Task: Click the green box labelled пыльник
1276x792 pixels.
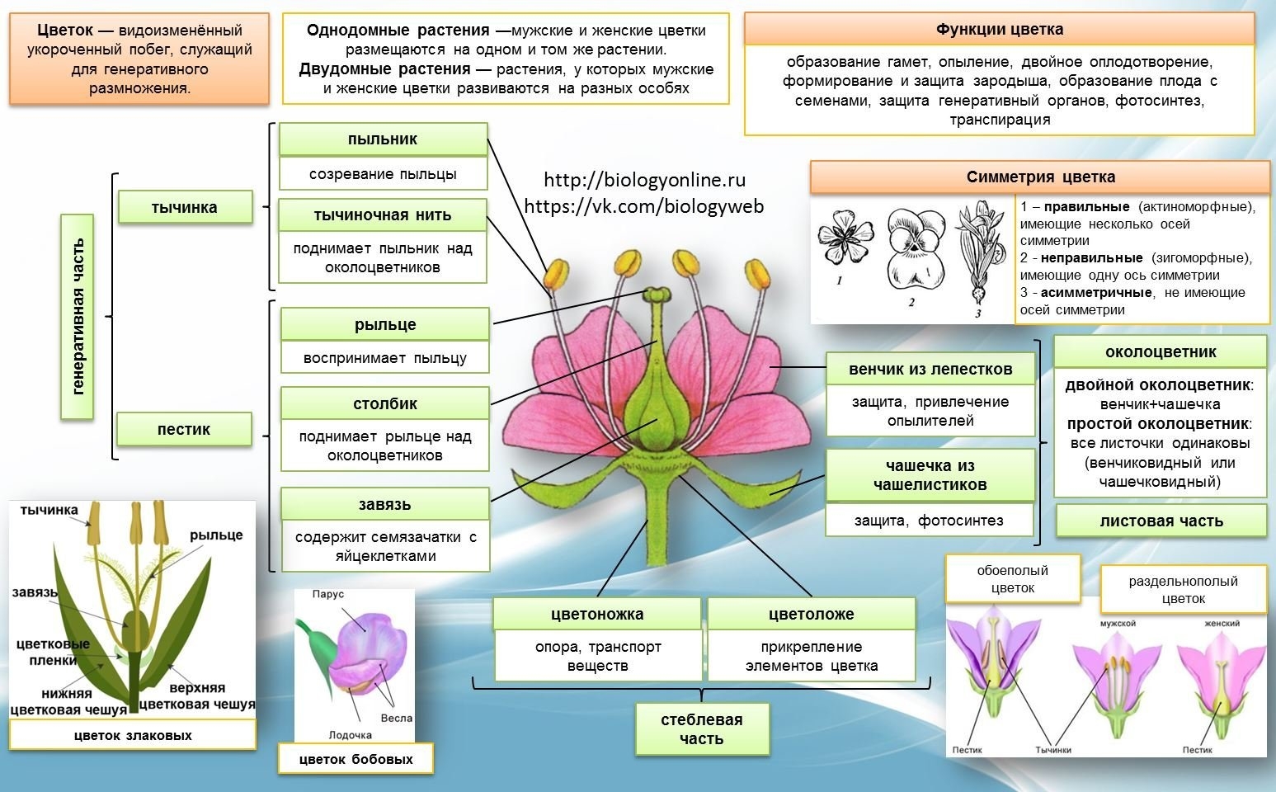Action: [383, 139]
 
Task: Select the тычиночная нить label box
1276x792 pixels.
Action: [383, 215]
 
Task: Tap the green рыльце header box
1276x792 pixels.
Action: [385, 325]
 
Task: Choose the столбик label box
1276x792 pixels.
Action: [385, 403]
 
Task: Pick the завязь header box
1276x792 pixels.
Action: [385, 504]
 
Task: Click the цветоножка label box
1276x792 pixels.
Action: [597, 614]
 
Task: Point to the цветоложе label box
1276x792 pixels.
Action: [811, 614]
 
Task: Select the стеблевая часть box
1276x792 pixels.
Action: [702, 729]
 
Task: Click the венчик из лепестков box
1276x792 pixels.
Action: [930, 369]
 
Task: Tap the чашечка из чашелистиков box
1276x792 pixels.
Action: [930, 475]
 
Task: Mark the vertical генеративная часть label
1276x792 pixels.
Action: [78, 317]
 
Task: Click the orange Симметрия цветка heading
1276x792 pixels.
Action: [1040, 177]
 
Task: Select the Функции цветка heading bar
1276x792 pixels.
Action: [999, 30]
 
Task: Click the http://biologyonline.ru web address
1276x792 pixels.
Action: [644, 180]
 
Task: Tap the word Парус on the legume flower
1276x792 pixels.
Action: [328, 594]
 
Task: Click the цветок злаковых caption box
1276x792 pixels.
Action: [133, 735]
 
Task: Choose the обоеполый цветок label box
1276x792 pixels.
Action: [1012, 579]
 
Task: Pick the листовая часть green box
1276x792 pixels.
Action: [1161, 521]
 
